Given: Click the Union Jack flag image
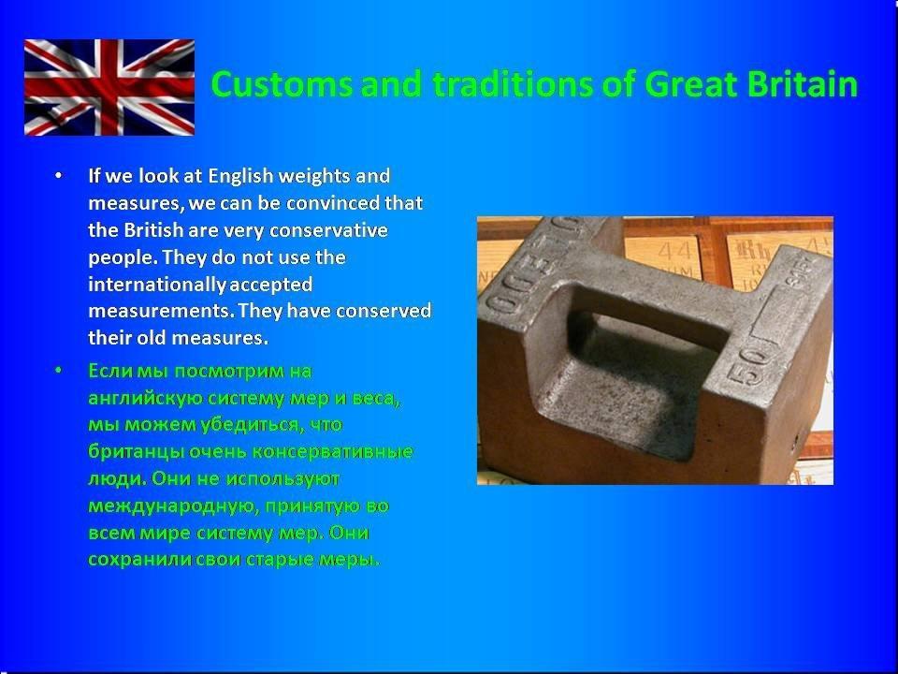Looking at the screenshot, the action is [x=109, y=87].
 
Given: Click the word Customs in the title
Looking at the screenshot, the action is [x=282, y=83].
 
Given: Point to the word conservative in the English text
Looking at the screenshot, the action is [x=328, y=230].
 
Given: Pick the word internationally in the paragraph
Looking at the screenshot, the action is [x=157, y=285].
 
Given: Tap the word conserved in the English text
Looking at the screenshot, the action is [x=384, y=311].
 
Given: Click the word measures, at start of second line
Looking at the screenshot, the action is [x=136, y=204].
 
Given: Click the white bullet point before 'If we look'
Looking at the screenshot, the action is [x=58, y=175].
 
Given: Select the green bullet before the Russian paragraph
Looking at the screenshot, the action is [x=58, y=371].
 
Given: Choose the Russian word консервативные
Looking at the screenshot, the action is [x=332, y=451].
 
